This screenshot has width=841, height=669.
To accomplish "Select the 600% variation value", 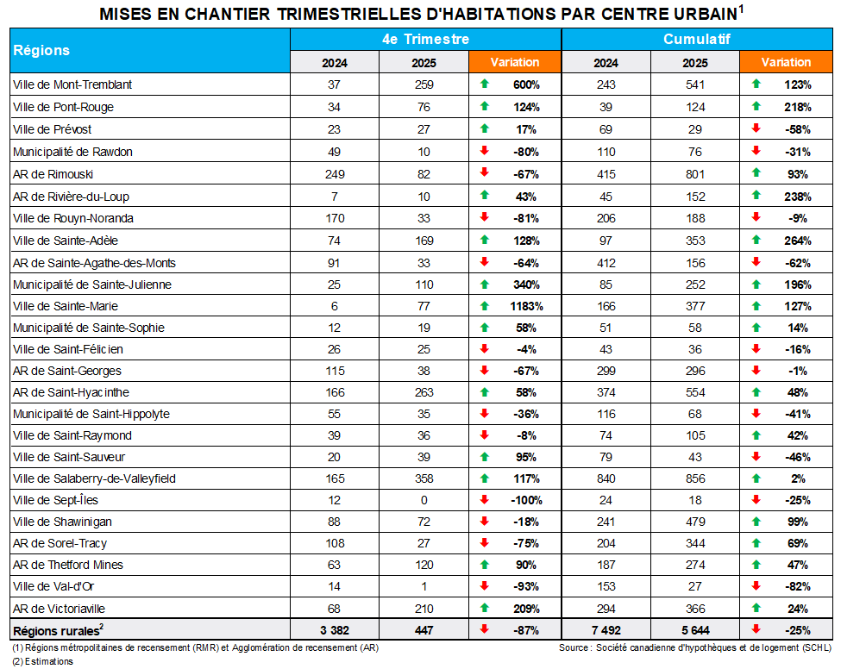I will click(525, 84).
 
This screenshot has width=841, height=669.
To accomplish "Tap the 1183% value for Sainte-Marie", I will click(524, 306).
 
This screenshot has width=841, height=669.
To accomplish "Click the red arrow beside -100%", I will click(485, 500).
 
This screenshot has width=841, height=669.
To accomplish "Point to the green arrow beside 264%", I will click(756, 241).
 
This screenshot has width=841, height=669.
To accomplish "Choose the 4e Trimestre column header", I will click(425, 40).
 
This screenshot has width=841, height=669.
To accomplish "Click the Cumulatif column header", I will click(697, 40).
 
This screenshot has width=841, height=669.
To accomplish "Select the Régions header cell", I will click(41, 50).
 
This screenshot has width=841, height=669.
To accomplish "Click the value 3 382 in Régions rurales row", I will click(336, 630).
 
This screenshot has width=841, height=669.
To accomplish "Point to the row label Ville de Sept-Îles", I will click(53, 500).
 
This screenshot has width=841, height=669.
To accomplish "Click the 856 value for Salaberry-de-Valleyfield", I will click(694, 478).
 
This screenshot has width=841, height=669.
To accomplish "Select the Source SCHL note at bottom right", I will click(694, 647).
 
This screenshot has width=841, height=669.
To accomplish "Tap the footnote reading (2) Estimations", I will click(43, 661).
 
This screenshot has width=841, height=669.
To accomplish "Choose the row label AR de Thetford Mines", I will click(68, 566).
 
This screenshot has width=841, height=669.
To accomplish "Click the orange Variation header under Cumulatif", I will click(786, 62).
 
